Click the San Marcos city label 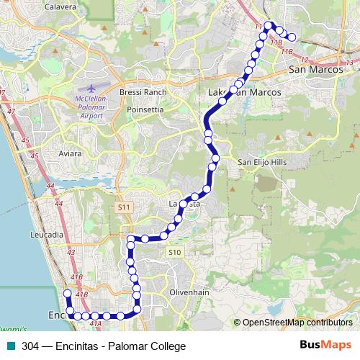(x=314, y=70)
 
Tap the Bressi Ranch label (x=143, y=92)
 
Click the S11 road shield (x=125, y=207)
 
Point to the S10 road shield (x=174, y=252)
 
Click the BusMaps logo (x=325, y=346)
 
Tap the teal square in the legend (x=9, y=346)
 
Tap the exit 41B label (x=81, y=294)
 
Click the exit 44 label (x=50, y=186)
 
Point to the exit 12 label (x=305, y=59)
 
